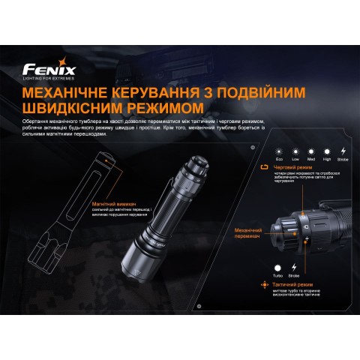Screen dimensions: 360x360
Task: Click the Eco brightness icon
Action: point(279,150)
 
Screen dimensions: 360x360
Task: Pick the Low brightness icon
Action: point(294,150)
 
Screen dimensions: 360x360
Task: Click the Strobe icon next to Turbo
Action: point(294,267)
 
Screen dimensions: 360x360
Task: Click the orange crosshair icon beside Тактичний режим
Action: point(262,285)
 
